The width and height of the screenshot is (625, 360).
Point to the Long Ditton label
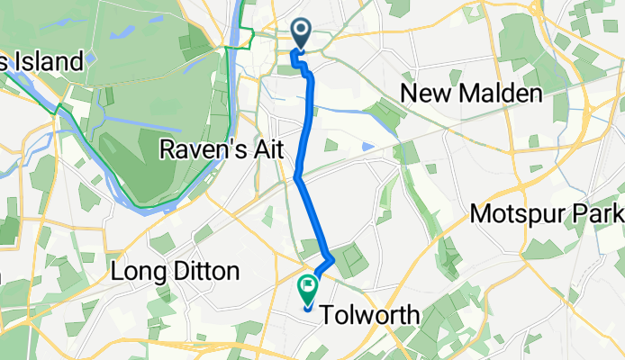pos(176,270)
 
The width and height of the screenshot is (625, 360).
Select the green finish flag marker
pos(308,290)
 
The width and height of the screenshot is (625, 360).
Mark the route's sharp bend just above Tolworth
pos(333,259)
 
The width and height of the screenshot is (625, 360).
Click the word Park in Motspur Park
pos(603,215)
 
